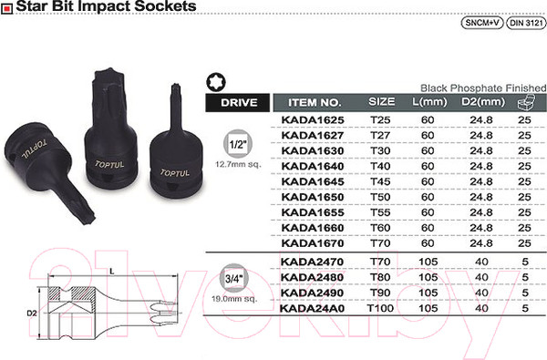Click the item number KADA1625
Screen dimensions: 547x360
(314, 120)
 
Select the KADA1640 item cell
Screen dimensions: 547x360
(314, 165)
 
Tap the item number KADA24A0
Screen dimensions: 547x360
(314, 309)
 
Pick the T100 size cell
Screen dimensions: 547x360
(381, 309)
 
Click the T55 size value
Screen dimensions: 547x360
(381, 211)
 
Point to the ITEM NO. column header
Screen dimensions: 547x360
(314, 102)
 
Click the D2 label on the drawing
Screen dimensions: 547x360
(30, 313)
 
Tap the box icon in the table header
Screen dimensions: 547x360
(524, 101)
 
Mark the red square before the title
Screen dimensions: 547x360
(6, 7)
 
